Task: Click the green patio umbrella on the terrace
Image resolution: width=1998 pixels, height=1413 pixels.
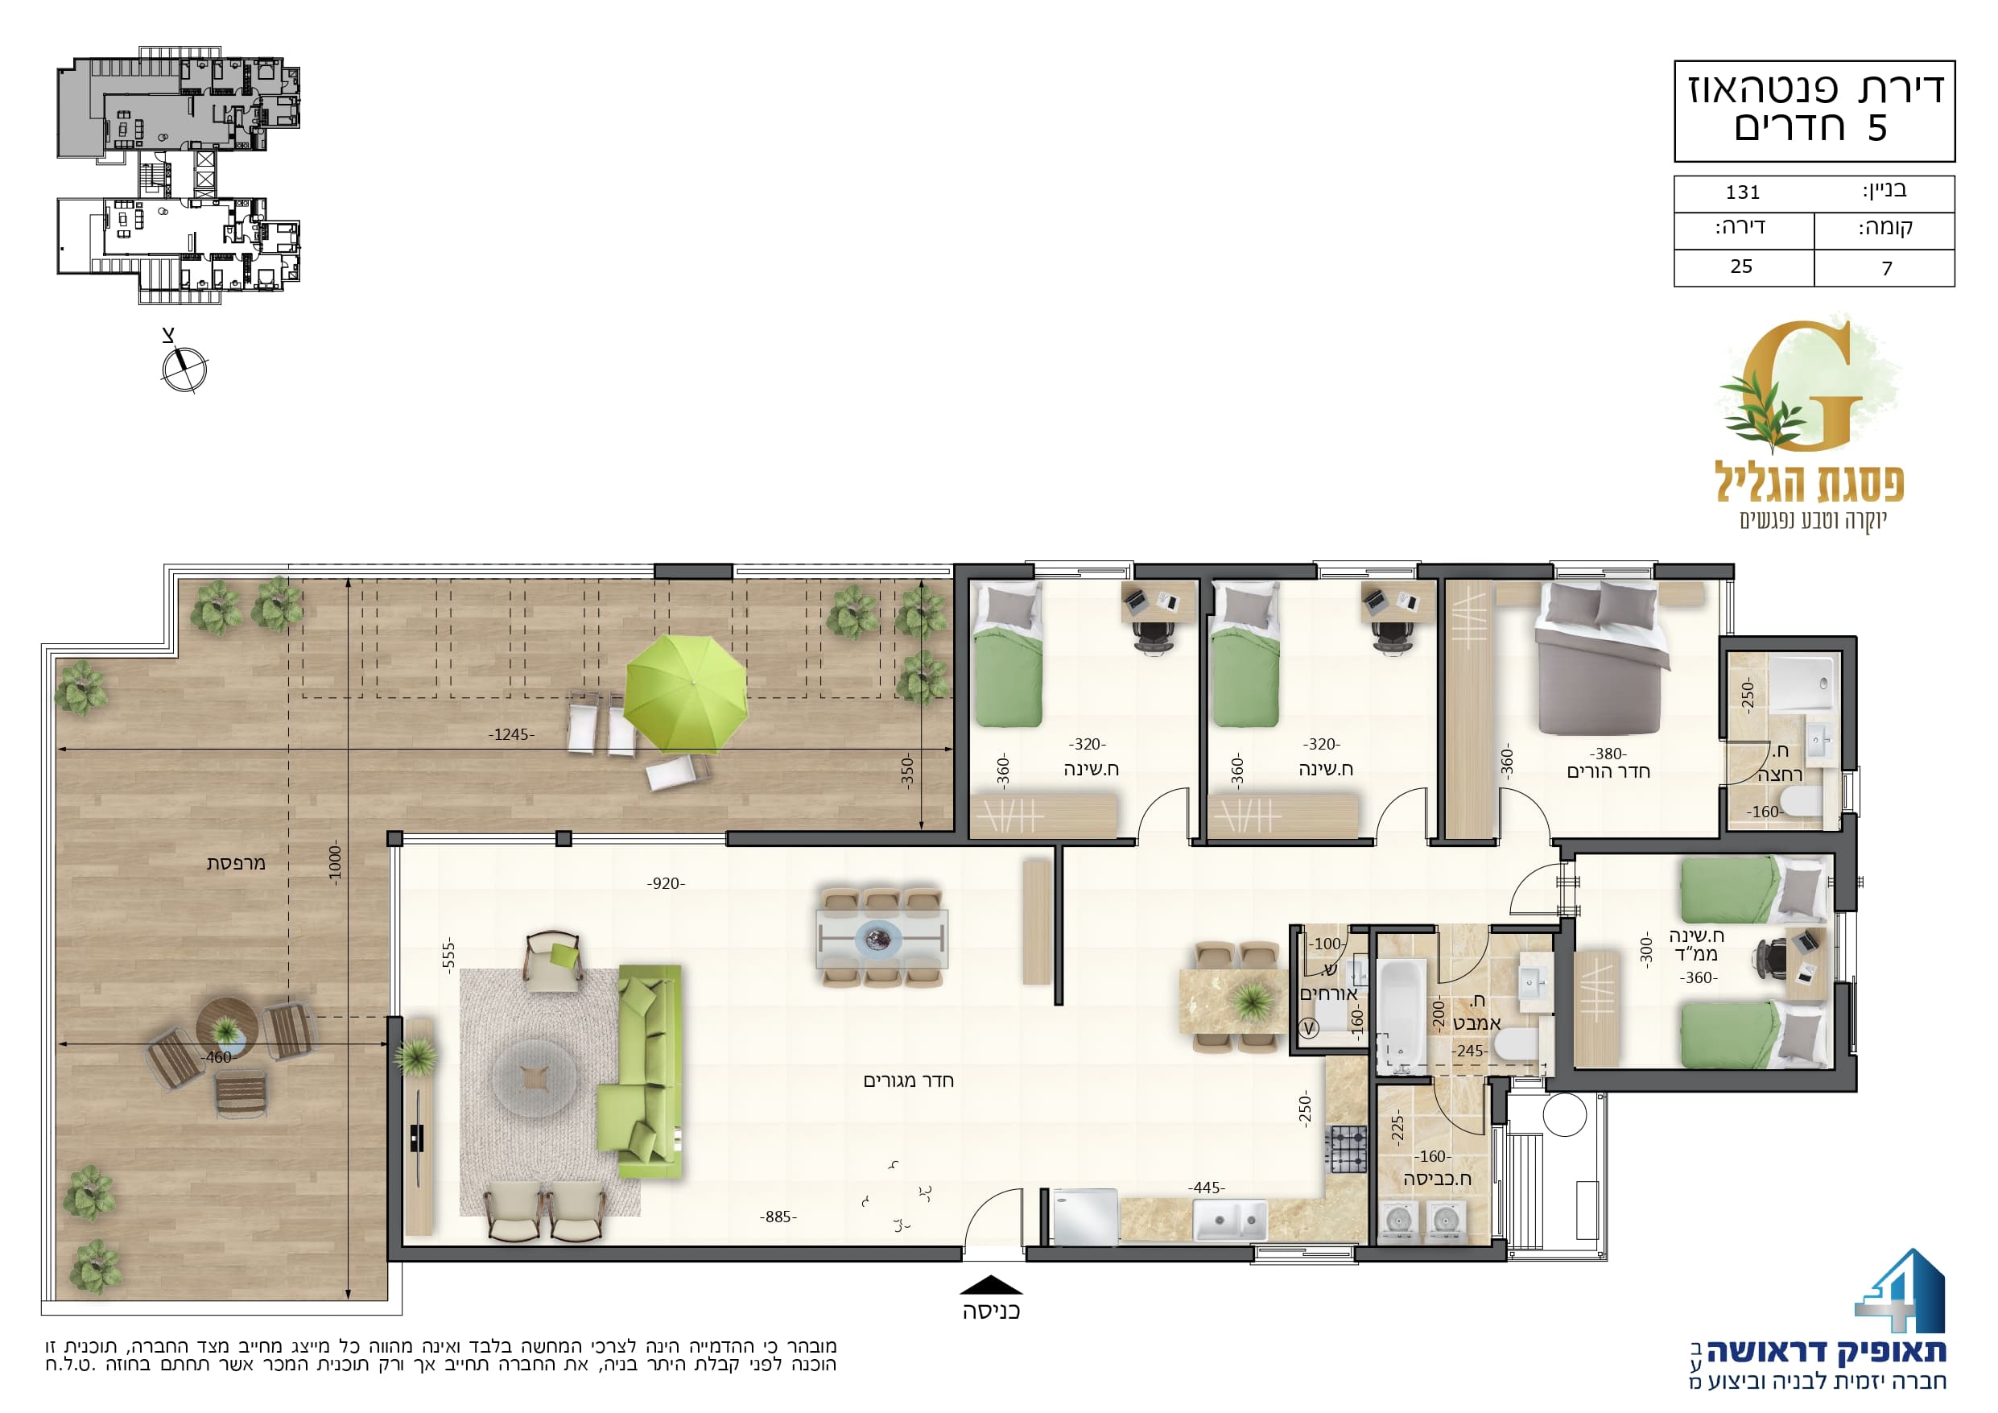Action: (686, 694)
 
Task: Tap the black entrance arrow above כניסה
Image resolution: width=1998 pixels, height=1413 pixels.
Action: (991, 1285)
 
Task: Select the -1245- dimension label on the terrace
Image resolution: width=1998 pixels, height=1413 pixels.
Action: (511, 735)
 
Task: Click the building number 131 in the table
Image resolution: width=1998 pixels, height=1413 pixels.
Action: (1743, 192)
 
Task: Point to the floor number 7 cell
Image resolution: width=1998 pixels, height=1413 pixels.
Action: (1888, 269)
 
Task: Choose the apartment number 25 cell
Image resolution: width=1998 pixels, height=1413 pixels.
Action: (1741, 266)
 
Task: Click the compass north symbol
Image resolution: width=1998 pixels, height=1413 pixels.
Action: (184, 368)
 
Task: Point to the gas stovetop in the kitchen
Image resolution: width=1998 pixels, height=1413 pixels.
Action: (1347, 1149)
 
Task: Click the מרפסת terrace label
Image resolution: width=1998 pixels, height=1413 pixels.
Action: (236, 864)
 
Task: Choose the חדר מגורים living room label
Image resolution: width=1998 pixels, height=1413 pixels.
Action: (909, 1081)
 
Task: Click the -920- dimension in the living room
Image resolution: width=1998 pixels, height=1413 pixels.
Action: (666, 884)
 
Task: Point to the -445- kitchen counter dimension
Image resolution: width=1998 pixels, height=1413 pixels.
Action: (1206, 1188)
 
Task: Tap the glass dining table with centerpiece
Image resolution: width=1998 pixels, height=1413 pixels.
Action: (881, 939)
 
